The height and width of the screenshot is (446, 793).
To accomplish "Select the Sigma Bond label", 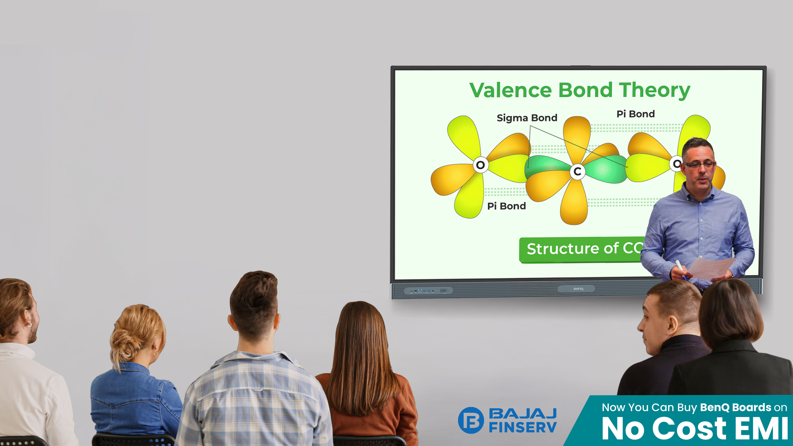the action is pyautogui.click(x=527, y=118).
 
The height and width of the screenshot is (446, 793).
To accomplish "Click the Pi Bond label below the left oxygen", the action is pyautogui.click(x=506, y=206).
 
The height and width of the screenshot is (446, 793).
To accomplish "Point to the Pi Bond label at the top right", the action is pyautogui.click(x=635, y=114).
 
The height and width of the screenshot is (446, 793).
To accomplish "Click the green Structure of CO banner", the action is pyautogui.click(x=582, y=250).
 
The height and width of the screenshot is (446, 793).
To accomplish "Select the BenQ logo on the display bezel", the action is pyautogui.click(x=578, y=289).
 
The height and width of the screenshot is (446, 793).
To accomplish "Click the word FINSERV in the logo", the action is pyautogui.click(x=523, y=427).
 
